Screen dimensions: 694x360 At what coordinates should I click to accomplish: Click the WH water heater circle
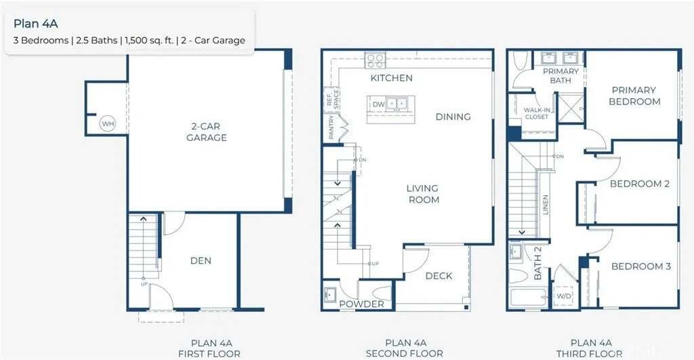pos(108,124)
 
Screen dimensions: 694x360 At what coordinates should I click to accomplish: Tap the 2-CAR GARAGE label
pos(206,132)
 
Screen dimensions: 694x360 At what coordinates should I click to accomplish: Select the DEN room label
pos(201,261)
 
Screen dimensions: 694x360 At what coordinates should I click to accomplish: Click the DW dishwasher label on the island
pos(378,104)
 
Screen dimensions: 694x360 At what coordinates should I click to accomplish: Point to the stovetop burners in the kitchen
pos(375,60)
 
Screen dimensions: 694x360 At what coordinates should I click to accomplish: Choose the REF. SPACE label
pos(332,99)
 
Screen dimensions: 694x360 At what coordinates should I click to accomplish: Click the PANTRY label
pos(331,127)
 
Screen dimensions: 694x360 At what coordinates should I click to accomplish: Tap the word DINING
pos(453,117)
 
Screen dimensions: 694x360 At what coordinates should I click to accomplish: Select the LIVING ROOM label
pos(424,194)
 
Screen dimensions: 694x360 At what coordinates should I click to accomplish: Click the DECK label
pos(438,276)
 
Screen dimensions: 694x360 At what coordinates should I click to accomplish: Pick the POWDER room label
pos(362,304)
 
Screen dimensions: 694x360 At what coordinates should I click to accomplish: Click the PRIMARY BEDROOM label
pos(634,96)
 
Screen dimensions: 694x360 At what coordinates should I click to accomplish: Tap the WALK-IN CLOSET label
pos(537,113)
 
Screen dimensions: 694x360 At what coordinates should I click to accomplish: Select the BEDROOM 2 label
pos(640,184)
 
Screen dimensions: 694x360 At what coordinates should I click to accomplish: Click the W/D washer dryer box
pos(563,296)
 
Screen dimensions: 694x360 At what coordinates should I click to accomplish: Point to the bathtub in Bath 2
pos(529,297)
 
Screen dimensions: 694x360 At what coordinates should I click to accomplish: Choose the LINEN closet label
pos(546,205)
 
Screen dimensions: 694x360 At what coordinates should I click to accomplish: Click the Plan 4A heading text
pos(36,24)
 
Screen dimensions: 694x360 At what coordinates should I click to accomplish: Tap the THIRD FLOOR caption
pos(589,354)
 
